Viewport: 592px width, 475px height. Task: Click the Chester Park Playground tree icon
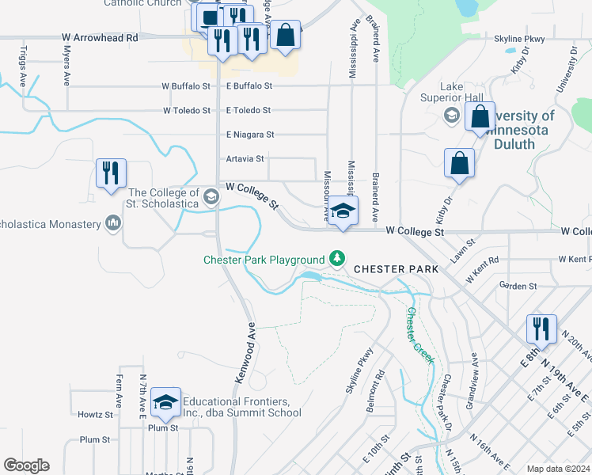click(337, 259)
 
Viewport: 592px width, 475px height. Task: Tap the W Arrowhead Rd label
click(100, 37)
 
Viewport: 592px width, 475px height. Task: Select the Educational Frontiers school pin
click(165, 403)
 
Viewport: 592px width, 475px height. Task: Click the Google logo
click(26, 465)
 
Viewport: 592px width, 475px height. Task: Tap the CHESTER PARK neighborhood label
click(396, 269)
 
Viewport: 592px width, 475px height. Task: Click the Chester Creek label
click(419, 335)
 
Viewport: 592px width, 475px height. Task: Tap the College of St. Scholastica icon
click(211, 195)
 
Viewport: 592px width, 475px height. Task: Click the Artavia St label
click(245, 158)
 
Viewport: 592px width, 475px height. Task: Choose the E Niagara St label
click(250, 135)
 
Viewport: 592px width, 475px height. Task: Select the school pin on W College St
click(343, 211)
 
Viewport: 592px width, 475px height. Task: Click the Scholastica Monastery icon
click(113, 225)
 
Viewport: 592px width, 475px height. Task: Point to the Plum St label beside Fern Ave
click(95, 439)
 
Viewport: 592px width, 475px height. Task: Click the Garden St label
click(518, 285)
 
